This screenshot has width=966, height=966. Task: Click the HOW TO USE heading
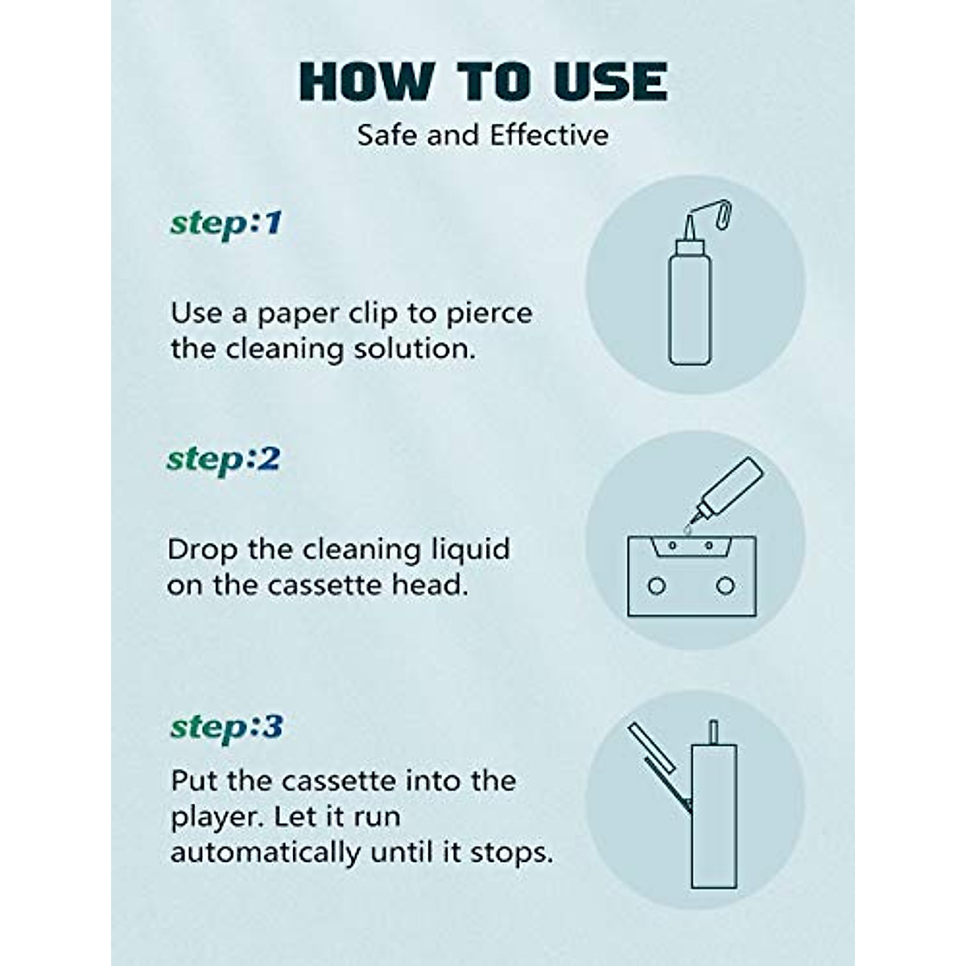[483, 82]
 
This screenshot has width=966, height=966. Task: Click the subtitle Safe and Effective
[483, 134]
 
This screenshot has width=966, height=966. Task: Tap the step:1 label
[226, 223]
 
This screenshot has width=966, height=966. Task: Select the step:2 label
[223, 460]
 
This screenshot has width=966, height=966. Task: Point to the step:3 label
[226, 727]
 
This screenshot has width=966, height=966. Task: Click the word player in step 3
[216, 818]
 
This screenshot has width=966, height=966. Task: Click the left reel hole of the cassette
[657, 585]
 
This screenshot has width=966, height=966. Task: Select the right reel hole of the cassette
[725, 585]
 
